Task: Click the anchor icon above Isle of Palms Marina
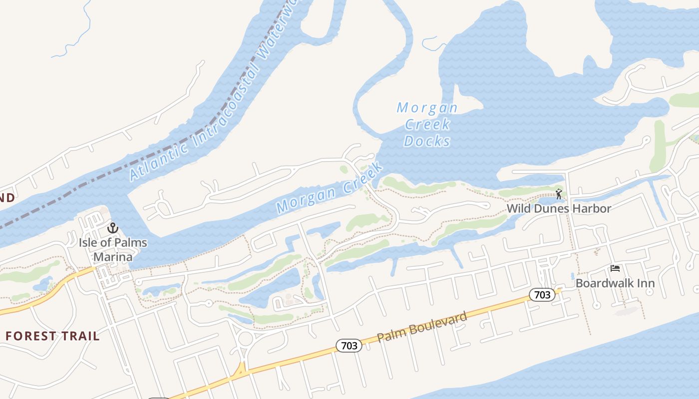pyautogui.click(x=113, y=228)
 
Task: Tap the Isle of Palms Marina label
pyautogui.click(x=113, y=249)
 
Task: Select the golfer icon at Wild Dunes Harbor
pyautogui.click(x=559, y=194)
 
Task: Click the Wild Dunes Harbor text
pyautogui.click(x=559, y=208)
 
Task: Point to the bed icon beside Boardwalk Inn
pyautogui.click(x=615, y=269)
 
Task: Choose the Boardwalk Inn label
pyautogui.click(x=615, y=283)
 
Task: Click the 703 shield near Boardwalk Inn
pyautogui.click(x=542, y=295)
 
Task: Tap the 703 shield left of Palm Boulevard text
pyautogui.click(x=349, y=345)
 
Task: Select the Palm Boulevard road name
pyautogui.click(x=422, y=327)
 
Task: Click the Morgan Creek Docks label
pyautogui.click(x=427, y=124)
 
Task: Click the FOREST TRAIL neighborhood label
pyautogui.click(x=52, y=336)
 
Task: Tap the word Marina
pyautogui.click(x=113, y=256)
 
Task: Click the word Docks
pyautogui.click(x=427, y=141)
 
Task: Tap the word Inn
pyautogui.click(x=644, y=283)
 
